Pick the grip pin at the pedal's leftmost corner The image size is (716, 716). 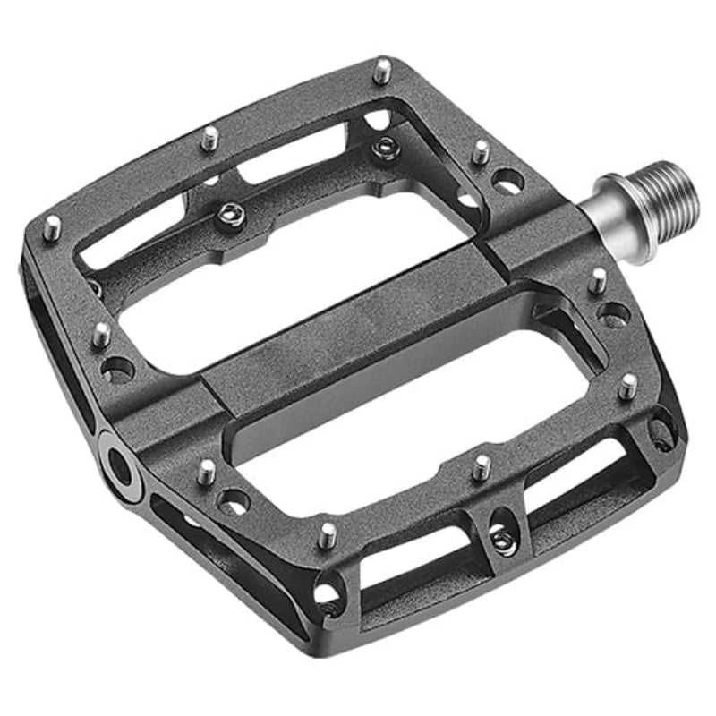[x=53, y=226]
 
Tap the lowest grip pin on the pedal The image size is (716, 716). [x=328, y=534]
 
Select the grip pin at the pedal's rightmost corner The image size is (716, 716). [x=628, y=386]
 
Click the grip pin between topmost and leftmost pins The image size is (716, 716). [x=209, y=138]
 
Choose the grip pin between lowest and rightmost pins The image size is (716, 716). [x=482, y=465]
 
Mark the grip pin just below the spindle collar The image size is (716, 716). [x=598, y=280]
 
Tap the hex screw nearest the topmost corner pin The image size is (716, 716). [x=385, y=144]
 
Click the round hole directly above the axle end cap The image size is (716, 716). [x=117, y=369]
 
